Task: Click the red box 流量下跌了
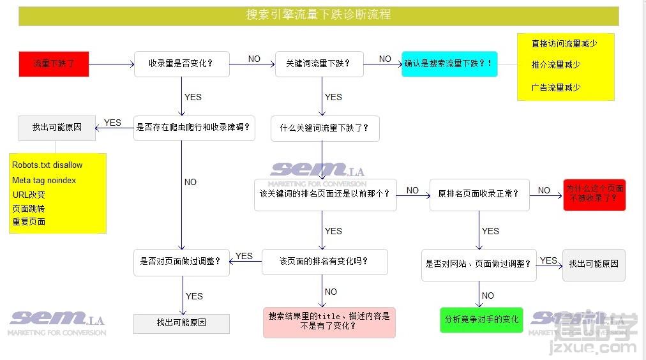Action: (x=54, y=64)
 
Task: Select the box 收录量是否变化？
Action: (x=182, y=64)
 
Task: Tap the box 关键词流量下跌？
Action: (x=319, y=64)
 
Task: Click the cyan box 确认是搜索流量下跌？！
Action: (x=449, y=64)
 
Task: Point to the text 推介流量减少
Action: (x=556, y=64)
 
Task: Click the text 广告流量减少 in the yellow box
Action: (x=556, y=87)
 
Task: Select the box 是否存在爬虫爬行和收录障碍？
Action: (x=194, y=128)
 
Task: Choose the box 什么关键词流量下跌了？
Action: (x=325, y=128)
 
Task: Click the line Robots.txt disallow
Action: (x=47, y=165)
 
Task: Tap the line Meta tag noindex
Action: (x=44, y=181)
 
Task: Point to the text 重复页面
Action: (x=29, y=221)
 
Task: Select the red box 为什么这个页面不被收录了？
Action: (x=594, y=195)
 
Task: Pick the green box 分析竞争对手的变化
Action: (x=481, y=320)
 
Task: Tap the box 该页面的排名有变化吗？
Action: (x=324, y=262)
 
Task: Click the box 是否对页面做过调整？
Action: (x=181, y=262)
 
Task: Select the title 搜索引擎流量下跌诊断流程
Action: (x=319, y=15)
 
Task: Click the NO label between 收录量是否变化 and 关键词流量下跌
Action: (x=254, y=59)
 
